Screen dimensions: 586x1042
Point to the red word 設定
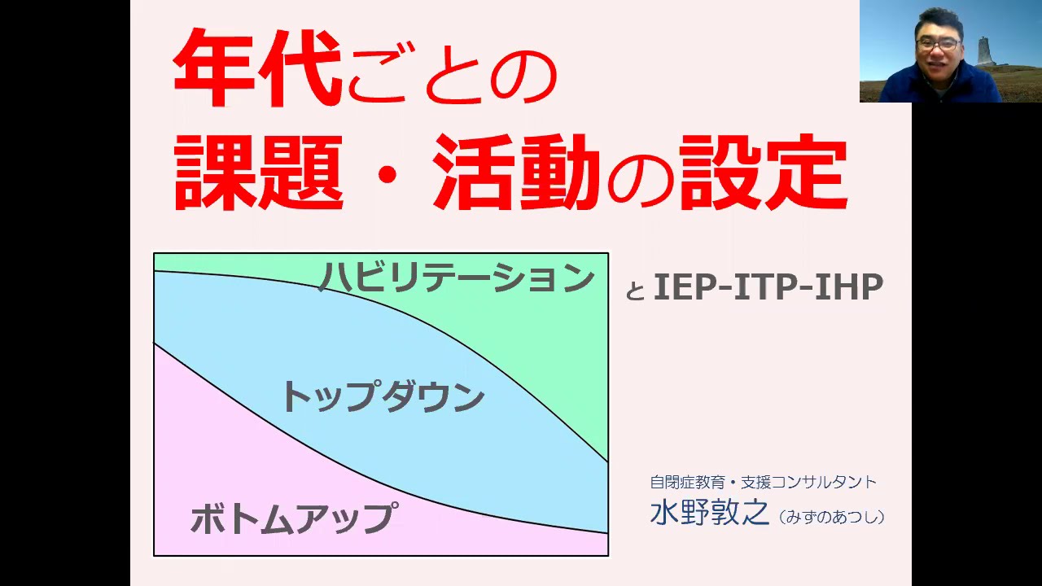[x=763, y=173]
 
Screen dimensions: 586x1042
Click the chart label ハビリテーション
[x=457, y=278]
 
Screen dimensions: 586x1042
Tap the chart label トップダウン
[x=383, y=397]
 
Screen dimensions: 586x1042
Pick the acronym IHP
[x=850, y=287]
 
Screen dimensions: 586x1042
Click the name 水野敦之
[x=709, y=514]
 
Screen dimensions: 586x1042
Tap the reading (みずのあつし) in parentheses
[x=831, y=517]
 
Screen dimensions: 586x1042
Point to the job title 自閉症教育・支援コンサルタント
[x=763, y=482]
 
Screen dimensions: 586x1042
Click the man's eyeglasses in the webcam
[x=938, y=44]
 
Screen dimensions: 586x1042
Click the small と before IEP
[x=635, y=291]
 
